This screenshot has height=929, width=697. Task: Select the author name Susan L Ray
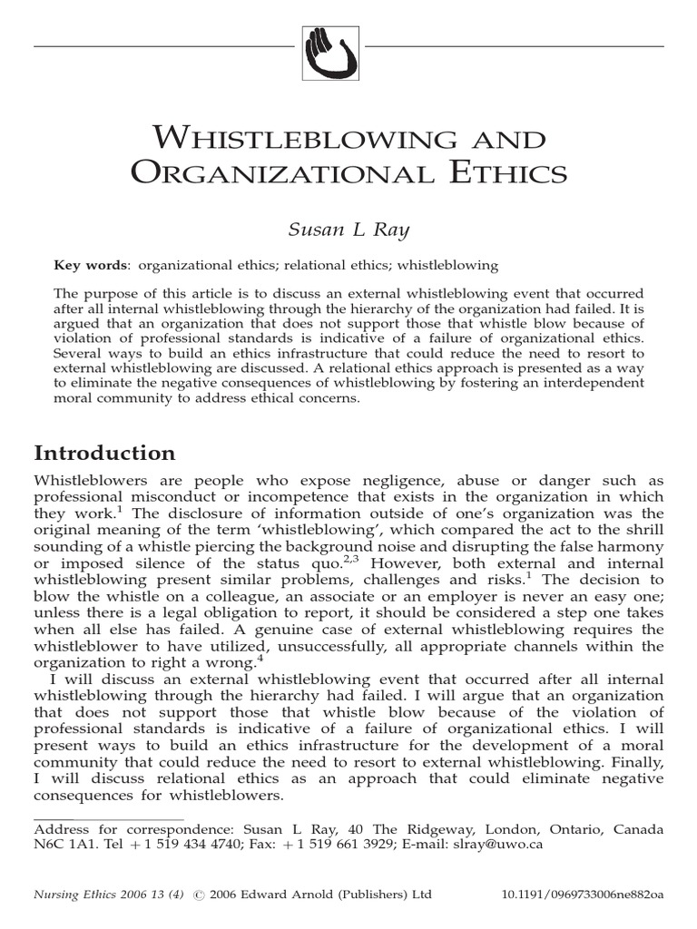pos(348,229)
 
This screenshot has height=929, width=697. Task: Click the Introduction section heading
pos(104,453)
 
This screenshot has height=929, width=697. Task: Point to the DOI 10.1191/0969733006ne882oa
pos(582,895)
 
